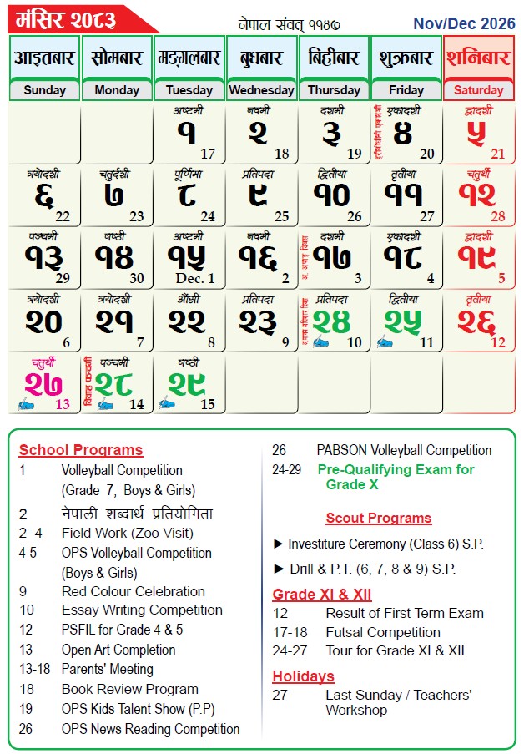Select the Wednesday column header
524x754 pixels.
click(261, 90)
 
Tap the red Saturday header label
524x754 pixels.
click(478, 90)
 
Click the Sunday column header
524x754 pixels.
click(44, 90)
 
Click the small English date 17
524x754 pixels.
click(208, 154)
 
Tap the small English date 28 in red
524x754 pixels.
click(498, 217)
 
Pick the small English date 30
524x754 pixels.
click(137, 279)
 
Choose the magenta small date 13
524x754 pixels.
click(63, 404)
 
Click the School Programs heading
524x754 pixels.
click(81, 450)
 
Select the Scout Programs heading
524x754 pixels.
click(378, 519)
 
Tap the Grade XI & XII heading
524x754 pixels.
click(322, 595)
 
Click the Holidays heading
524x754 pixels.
click(303, 676)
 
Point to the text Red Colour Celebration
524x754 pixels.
click(133, 591)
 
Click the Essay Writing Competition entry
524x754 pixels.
click(142, 610)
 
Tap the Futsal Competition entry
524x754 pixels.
click(383, 632)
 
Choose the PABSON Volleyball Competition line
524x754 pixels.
click(404, 450)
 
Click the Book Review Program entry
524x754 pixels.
click(129, 690)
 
